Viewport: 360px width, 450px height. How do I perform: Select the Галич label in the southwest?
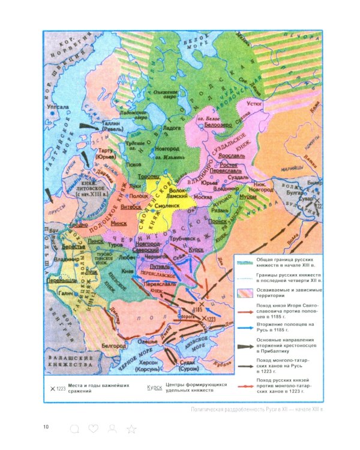point(67,295)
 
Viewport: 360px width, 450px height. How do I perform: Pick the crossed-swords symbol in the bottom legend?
point(52,388)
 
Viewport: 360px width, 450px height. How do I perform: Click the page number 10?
point(46,427)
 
